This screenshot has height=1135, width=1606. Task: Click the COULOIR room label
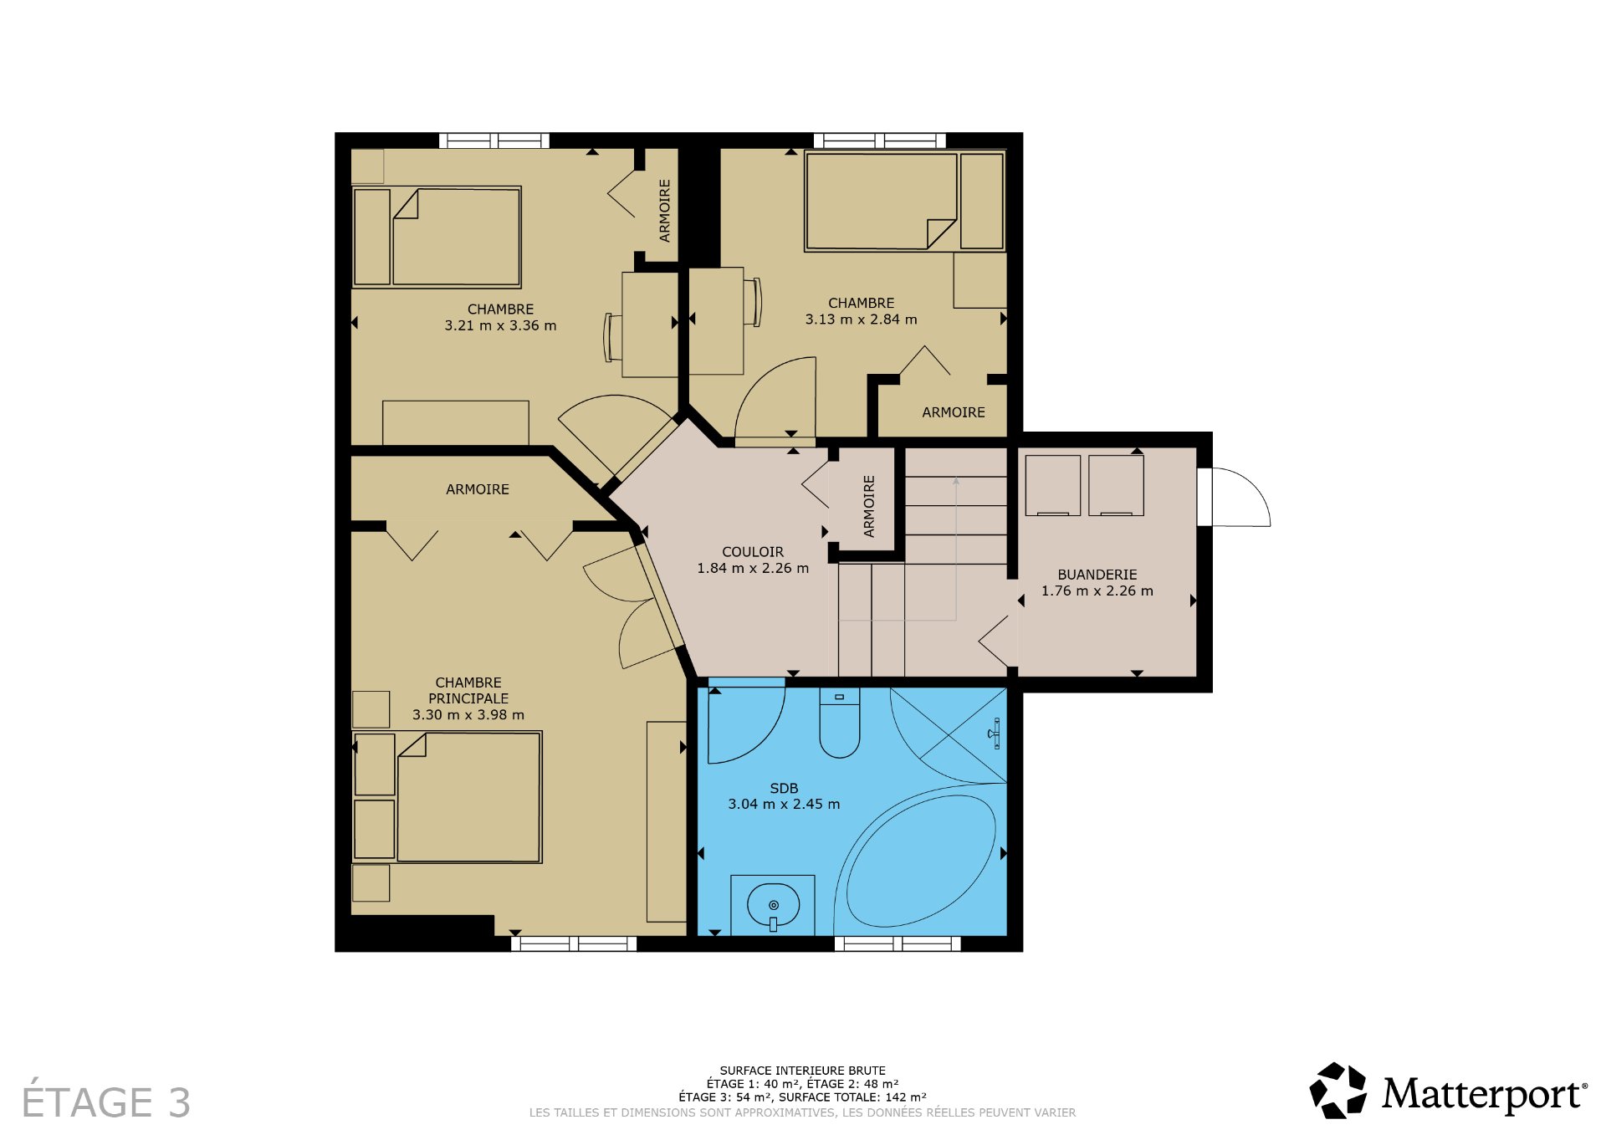tap(753, 552)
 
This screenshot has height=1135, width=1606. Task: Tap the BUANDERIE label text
tap(1097, 575)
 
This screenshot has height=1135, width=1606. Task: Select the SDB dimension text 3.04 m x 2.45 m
tap(784, 805)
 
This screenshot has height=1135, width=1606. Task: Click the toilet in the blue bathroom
tap(839, 723)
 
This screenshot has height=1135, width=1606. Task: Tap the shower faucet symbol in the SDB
tap(995, 734)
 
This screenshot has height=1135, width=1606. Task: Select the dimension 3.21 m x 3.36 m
tap(500, 326)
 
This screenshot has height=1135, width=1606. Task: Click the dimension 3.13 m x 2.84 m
tap(861, 320)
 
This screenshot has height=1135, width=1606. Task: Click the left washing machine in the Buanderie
tap(1052, 485)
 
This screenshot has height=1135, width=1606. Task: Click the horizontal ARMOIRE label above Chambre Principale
tap(477, 489)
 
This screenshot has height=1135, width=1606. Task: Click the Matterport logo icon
tap(1337, 1091)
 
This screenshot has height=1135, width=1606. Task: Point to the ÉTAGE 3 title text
tap(106, 1102)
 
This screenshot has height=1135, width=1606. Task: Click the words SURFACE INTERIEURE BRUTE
tap(802, 1071)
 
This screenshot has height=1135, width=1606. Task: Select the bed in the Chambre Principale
tap(468, 797)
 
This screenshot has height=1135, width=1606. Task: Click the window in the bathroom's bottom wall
tap(897, 944)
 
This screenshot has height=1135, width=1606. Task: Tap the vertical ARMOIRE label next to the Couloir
tap(869, 506)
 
